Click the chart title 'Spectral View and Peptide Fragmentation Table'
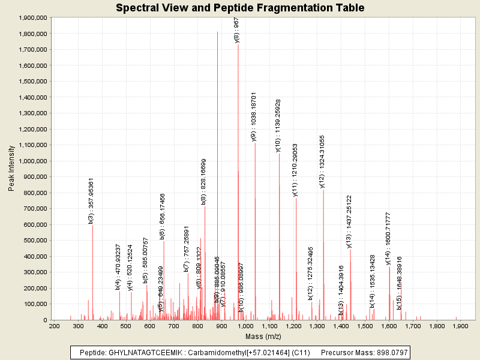(240, 8)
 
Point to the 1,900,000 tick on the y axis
(29, 17)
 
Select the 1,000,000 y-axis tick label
(29, 161)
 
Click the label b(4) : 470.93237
(118, 267)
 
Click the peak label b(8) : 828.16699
(204, 182)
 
